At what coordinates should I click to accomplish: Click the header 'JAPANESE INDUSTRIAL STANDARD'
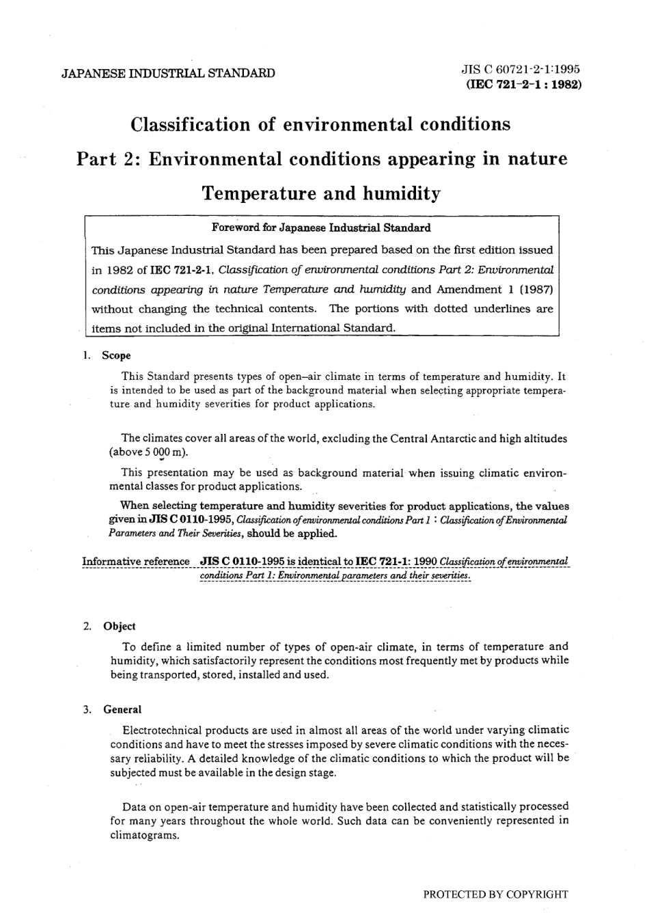[168, 73]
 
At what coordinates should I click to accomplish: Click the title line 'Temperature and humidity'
[321, 194]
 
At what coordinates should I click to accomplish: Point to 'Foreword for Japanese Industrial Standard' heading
[321, 228]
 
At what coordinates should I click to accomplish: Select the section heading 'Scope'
[116, 355]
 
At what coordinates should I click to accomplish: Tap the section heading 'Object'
[120, 626]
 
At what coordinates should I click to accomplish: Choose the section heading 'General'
[122, 709]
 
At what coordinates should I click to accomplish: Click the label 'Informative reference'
[136, 562]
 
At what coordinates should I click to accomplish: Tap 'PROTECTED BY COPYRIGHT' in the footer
[495, 894]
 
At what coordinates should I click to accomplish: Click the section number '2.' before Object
[87, 626]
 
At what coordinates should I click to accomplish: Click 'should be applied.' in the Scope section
[292, 534]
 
